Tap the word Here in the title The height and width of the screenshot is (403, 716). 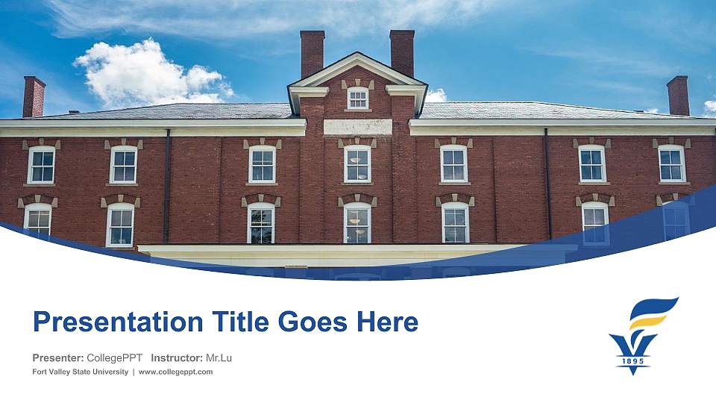coord(386,322)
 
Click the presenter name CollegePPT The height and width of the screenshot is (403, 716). coord(114,358)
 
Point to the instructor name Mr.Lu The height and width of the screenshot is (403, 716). coord(219,358)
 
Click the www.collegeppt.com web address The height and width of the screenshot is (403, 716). coord(175,372)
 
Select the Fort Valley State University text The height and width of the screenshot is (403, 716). coord(81,372)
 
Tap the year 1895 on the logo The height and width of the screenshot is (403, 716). coord(632,362)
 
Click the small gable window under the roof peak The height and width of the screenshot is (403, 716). coord(358,98)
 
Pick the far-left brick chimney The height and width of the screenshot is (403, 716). coord(34,97)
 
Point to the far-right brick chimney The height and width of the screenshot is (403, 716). coord(678,96)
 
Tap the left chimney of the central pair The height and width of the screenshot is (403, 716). coord(313,54)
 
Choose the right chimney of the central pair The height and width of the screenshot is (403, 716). coord(402,53)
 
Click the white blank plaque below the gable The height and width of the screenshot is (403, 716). coord(358,127)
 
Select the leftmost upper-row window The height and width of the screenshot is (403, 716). coord(41,165)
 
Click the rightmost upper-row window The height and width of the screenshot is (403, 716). coord(671,163)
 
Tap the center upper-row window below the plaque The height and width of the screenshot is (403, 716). coord(357,164)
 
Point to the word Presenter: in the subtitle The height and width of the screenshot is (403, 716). coord(58,358)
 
